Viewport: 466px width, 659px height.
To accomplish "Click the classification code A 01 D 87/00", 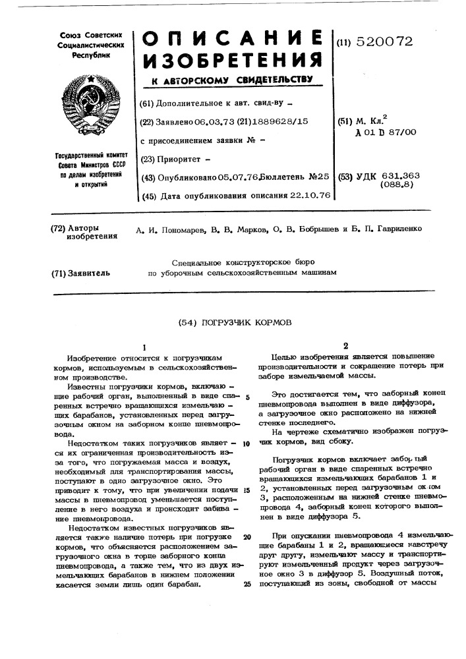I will [x=385, y=132].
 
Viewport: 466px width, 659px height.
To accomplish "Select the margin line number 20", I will [x=247, y=537].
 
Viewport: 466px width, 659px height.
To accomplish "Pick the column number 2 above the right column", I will [x=344, y=345].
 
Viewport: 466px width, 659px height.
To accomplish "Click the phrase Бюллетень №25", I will [x=295, y=177].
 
